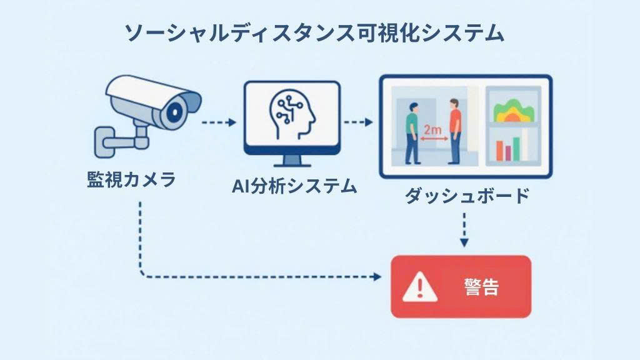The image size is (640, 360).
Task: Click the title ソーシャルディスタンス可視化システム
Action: pos(314,33)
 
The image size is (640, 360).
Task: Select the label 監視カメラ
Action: pos(131,181)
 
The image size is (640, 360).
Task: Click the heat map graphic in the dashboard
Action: pos(514,111)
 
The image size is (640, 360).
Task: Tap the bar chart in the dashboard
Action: pos(512,149)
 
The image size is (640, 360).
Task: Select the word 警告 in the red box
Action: pos(482,287)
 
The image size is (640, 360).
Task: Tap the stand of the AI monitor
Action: pos(292,161)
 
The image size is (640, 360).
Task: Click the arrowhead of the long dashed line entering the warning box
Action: pos(376,276)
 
